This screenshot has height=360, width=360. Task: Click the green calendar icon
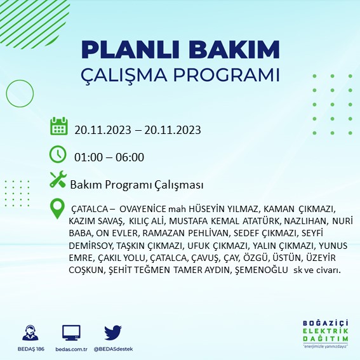58,126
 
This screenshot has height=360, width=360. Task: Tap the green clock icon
58,154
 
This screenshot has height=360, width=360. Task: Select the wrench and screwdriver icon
58,180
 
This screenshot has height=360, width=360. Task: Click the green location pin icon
58,207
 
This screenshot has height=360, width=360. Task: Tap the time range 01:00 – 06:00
109,157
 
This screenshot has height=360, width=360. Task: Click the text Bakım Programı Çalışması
137,185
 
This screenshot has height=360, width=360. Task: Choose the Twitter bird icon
112,332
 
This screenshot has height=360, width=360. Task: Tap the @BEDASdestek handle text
112,349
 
